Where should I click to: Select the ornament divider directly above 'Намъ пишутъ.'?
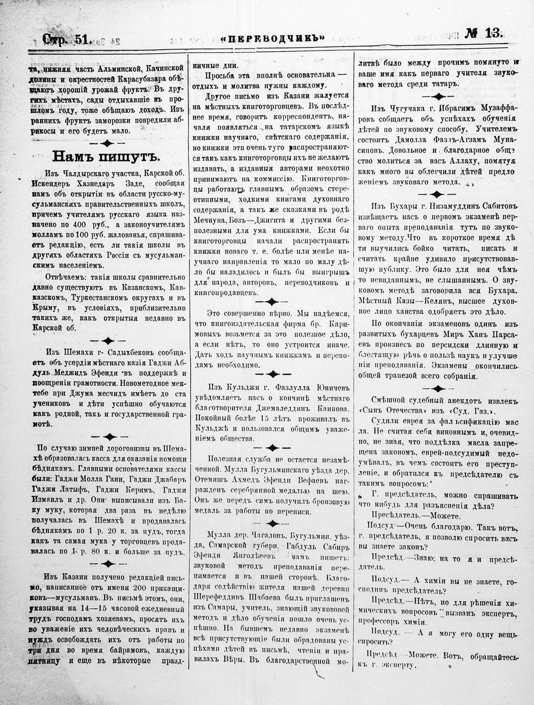click(x=107, y=143)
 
